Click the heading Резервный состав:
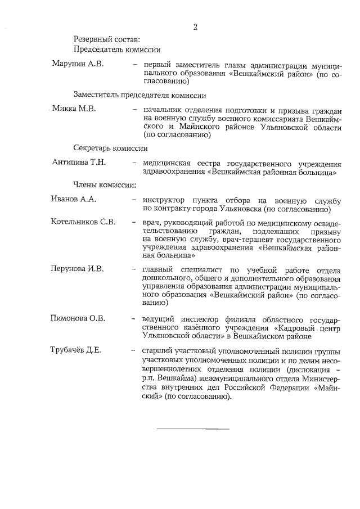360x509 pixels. (x=106, y=39)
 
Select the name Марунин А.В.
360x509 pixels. (x=78, y=65)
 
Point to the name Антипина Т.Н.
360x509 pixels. (x=79, y=163)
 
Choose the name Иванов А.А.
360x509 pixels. (x=74, y=199)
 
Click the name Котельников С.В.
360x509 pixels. (x=83, y=222)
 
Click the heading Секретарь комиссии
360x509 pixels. (x=110, y=148)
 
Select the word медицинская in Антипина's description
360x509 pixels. (x=166, y=163)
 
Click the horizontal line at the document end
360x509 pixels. (x=193, y=429)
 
